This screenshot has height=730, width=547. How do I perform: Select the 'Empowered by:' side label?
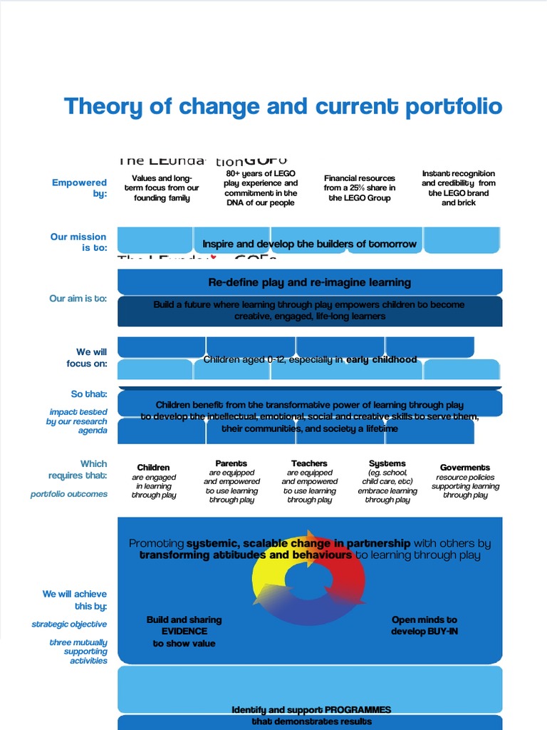[80, 188]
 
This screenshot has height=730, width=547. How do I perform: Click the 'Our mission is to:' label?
[78, 242]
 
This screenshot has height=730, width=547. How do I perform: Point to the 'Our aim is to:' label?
[78, 299]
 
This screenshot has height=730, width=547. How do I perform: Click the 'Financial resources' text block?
[360, 188]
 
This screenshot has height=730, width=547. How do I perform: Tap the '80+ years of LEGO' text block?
[261, 188]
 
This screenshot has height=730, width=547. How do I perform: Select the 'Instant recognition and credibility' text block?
[458, 188]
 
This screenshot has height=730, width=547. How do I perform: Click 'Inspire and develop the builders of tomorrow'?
[309, 244]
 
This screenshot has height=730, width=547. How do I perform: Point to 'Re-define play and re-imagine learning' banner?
[309, 282]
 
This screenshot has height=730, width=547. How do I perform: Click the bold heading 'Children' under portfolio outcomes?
[154, 468]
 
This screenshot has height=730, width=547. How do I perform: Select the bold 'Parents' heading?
[231, 463]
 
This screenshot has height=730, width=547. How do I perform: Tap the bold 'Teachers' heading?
[309, 463]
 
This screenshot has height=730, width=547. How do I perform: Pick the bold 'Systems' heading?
[387, 463]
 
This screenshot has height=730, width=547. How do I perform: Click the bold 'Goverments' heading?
[465, 468]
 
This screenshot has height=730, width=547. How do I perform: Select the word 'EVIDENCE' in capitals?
[184, 632]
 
